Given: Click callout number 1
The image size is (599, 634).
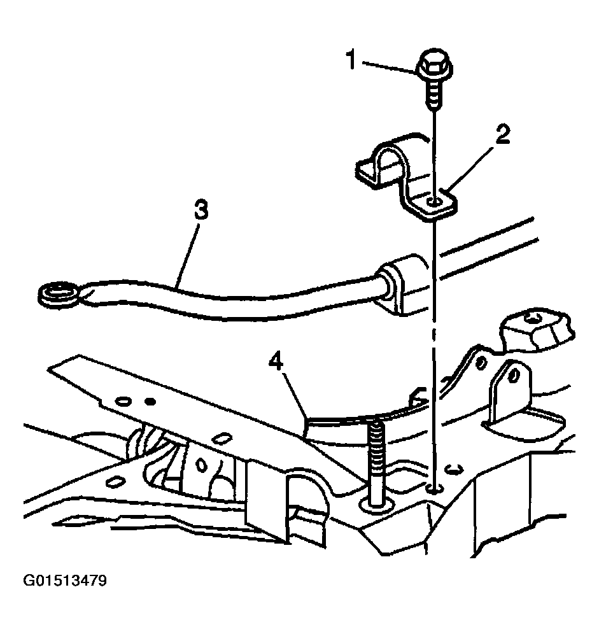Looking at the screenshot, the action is pos(351,59).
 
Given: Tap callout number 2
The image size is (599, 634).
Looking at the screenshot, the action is pos(502,135).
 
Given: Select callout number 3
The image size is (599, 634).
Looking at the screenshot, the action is pos(201,211).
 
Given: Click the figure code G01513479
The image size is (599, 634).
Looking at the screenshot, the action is pos(65,581).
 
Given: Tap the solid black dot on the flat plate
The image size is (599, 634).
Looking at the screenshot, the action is pos(150,402).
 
